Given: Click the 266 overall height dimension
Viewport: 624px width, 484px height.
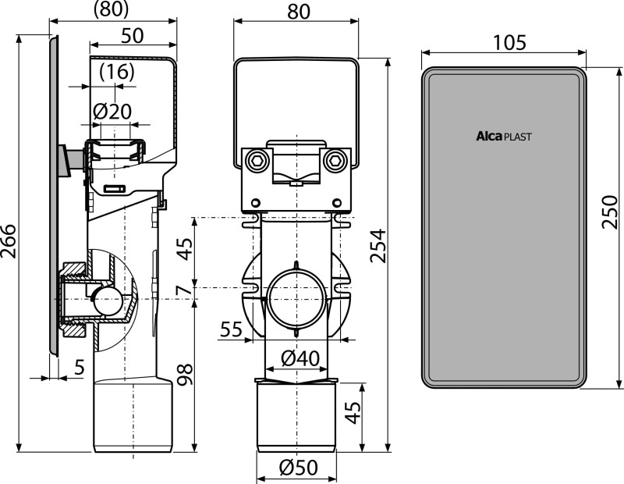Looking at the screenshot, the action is click(9, 241).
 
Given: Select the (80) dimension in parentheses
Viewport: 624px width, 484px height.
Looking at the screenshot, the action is click(111, 9).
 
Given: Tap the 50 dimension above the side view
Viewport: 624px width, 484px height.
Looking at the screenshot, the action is click(132, 35).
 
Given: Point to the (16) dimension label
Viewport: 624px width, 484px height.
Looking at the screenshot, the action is click(117, 72).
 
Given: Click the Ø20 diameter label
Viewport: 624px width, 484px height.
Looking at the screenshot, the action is click(112, 111).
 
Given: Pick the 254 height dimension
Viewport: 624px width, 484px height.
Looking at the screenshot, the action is click(378, 245).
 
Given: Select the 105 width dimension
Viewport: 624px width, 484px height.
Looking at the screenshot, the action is click(510, 42).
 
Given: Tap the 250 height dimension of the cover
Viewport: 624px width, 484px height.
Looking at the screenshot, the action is click(609, 211).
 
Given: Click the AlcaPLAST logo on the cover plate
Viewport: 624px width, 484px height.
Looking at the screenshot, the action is click(504, 137).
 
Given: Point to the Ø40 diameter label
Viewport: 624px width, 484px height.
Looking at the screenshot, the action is click(300, 358).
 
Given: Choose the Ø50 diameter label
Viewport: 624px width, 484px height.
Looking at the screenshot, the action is click(299, 468).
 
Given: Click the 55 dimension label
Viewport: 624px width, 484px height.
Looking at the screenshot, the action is click(231, 329).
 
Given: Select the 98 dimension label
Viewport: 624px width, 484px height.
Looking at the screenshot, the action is click(185, 375).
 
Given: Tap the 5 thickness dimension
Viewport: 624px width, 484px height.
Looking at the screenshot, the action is click(80, 367).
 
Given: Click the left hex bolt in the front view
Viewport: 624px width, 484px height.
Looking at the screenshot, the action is click(255, 161).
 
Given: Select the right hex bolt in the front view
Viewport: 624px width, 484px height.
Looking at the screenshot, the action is click(333, 161).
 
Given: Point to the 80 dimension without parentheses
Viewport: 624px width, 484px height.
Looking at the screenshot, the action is click(298, 12).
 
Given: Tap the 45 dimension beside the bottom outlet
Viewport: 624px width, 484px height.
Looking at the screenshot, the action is click(353, 412).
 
